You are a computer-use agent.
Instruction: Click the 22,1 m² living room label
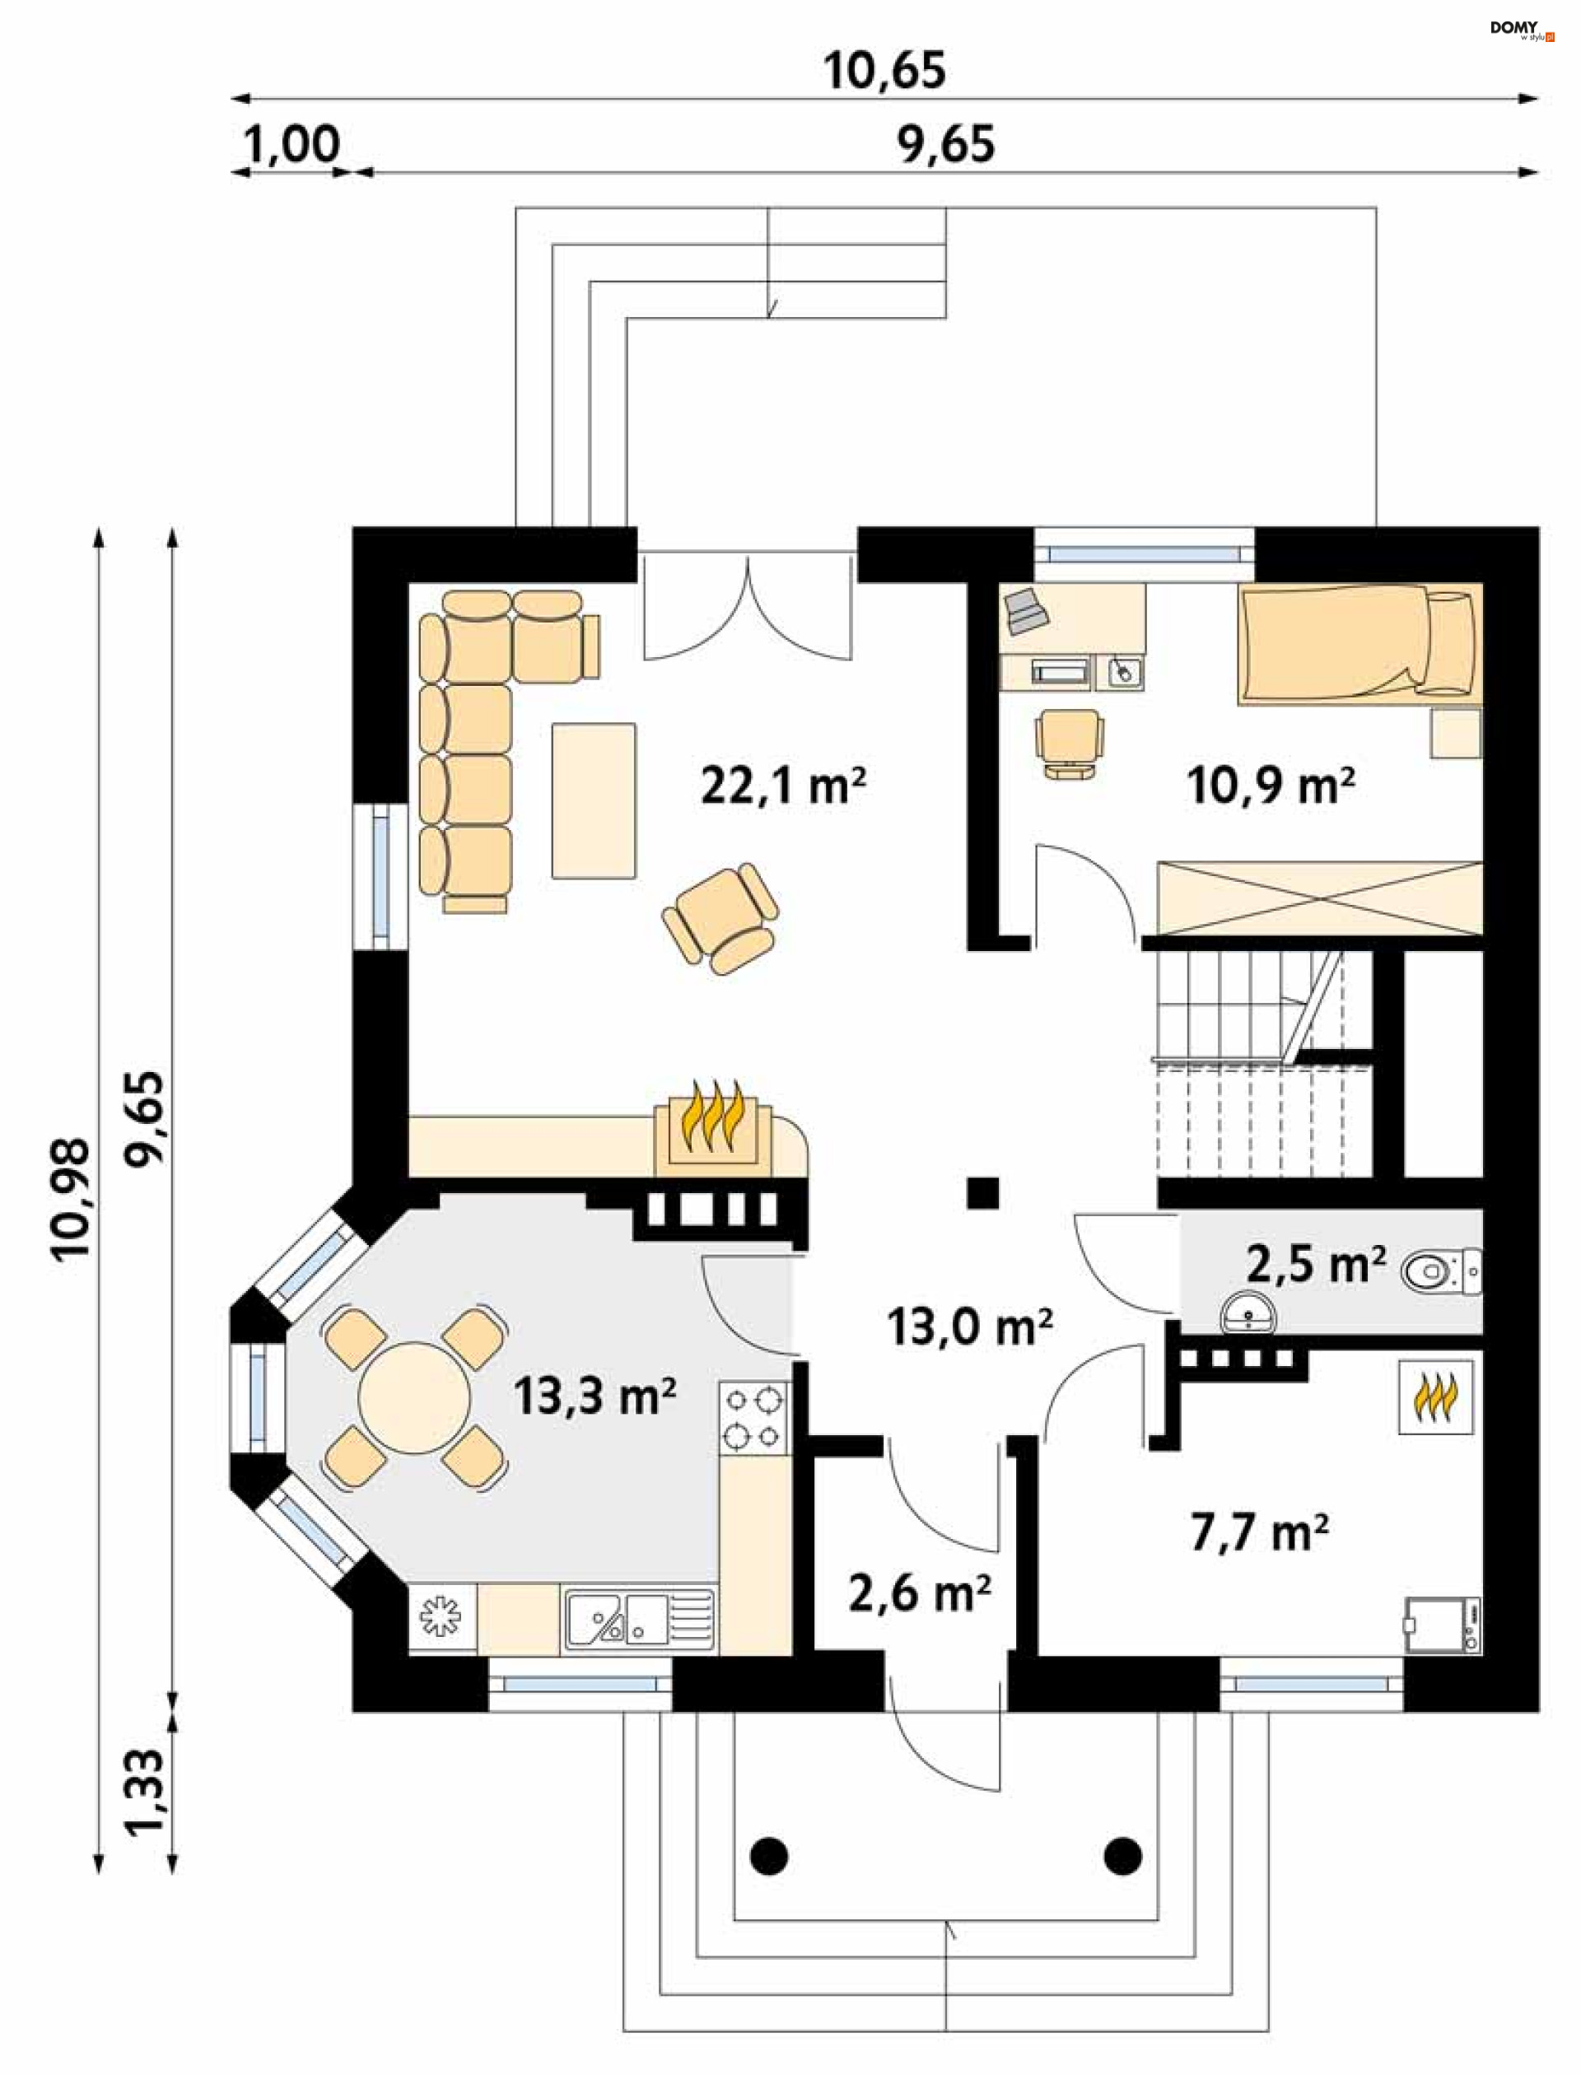tap(783, 785)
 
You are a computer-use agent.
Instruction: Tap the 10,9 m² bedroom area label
tap(1271, 785)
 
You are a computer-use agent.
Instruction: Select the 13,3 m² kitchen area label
tap(595, 1396)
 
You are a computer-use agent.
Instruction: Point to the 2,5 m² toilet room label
tap(1316, 1264)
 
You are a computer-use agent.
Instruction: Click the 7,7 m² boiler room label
tap(1259, 1532)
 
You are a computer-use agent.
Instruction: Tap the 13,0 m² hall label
tap(969, 1327)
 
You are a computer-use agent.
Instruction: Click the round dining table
tap(414, 1397)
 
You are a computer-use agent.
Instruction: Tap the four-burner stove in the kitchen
tap(753, 1416)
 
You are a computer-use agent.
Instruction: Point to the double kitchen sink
tap(640, 1620)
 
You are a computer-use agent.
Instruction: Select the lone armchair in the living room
tap(721, 918)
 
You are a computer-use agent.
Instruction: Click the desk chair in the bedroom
tap(1069, 743)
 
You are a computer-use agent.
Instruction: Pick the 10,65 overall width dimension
tap(884, 71)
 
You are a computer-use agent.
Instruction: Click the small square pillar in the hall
tap(983, 1193)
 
